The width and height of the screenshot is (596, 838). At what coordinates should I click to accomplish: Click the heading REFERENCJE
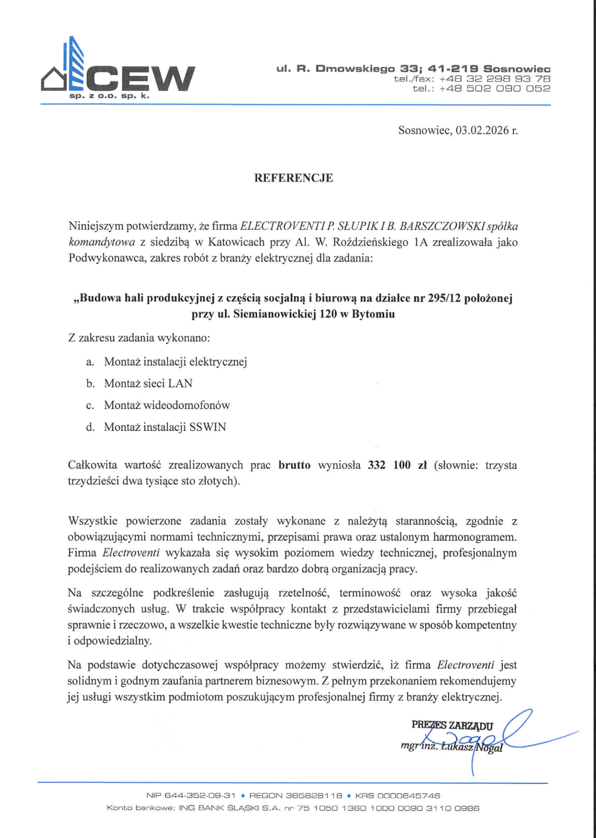point(293,178)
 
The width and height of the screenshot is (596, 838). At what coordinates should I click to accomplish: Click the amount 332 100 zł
point(397,465)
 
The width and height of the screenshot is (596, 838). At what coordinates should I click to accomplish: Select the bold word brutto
point(294,465)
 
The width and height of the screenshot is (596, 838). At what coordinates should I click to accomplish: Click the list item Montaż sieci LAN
point(148,383)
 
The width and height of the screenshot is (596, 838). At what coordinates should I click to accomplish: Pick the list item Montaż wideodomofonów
point(167,405)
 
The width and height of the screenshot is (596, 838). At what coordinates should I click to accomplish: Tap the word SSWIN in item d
point(207,427)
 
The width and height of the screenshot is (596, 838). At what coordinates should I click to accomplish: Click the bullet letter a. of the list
point(90,362)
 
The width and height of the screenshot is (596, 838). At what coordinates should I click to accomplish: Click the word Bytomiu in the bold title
point(373,314)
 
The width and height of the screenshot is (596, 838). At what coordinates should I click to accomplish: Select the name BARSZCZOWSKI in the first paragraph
point(442,226)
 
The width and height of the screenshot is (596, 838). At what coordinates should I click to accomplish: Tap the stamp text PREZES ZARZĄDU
point(452,725)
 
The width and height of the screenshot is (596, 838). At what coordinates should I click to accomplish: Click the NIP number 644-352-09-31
point(200,795)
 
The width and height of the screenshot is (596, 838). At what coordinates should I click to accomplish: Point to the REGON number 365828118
point(314,795)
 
